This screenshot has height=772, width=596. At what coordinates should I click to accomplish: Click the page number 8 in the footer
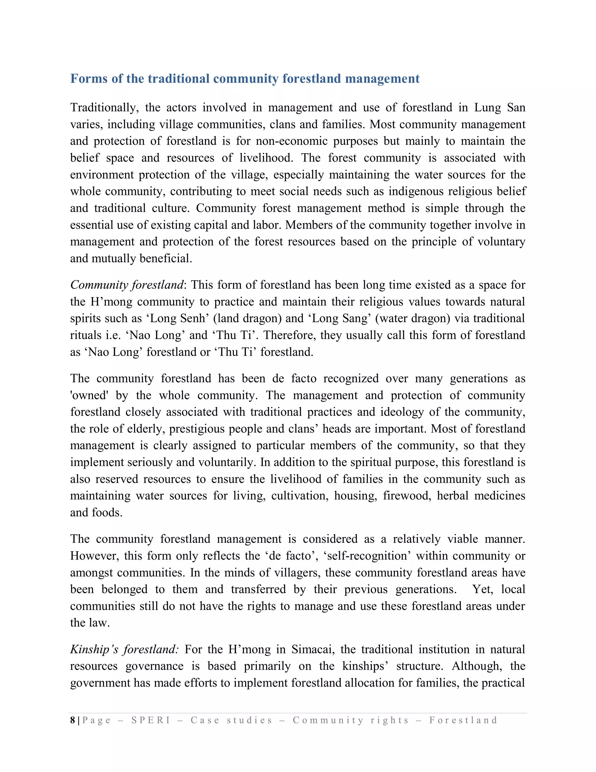point(72,720)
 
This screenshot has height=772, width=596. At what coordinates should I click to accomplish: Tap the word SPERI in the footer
point(151,720)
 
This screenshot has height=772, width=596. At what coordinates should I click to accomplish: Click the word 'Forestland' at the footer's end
point(463,720)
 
